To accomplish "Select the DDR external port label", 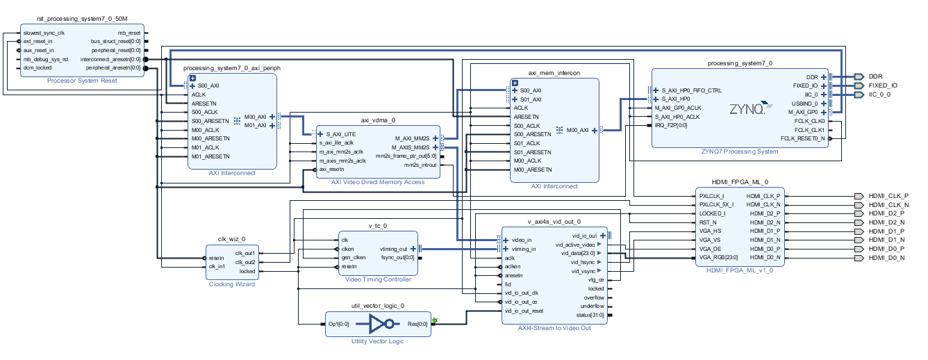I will [x=875, y=76].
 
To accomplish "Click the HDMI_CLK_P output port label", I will [x=888, y=196].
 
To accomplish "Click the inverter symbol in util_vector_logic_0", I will [x=383, y=324].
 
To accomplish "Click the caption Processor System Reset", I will [x=82, y=81].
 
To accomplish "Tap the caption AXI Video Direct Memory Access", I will [x=378, y=182].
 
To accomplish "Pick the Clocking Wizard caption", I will [x=232, y=284].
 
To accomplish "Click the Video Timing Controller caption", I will [x=378, y=279].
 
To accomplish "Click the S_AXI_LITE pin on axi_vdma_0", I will [x=342, y=133].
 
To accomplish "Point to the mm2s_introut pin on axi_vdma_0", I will [x=420, y=165].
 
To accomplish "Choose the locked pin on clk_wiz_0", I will [x=247, y=271].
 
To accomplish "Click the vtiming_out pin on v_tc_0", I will [x=393, y=249].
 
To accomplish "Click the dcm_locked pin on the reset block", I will [x=38, y=68].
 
